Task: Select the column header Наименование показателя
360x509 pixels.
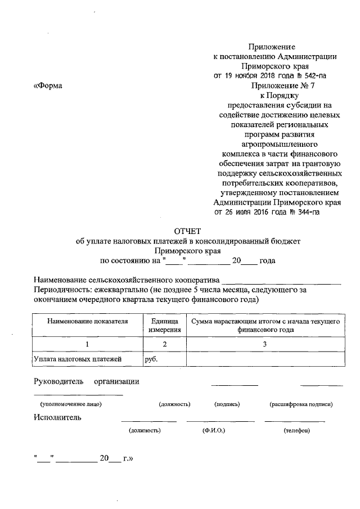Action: click(x=88, y=321)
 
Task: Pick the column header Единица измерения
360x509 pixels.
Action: click(x=164, y=326)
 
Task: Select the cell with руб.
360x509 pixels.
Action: click(x=151, y=358)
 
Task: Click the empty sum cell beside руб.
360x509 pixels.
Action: click(x=264, y=358)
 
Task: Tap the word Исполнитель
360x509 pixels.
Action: click(x=57, y=417)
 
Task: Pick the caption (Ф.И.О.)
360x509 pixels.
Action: click(x=214, y=430)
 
